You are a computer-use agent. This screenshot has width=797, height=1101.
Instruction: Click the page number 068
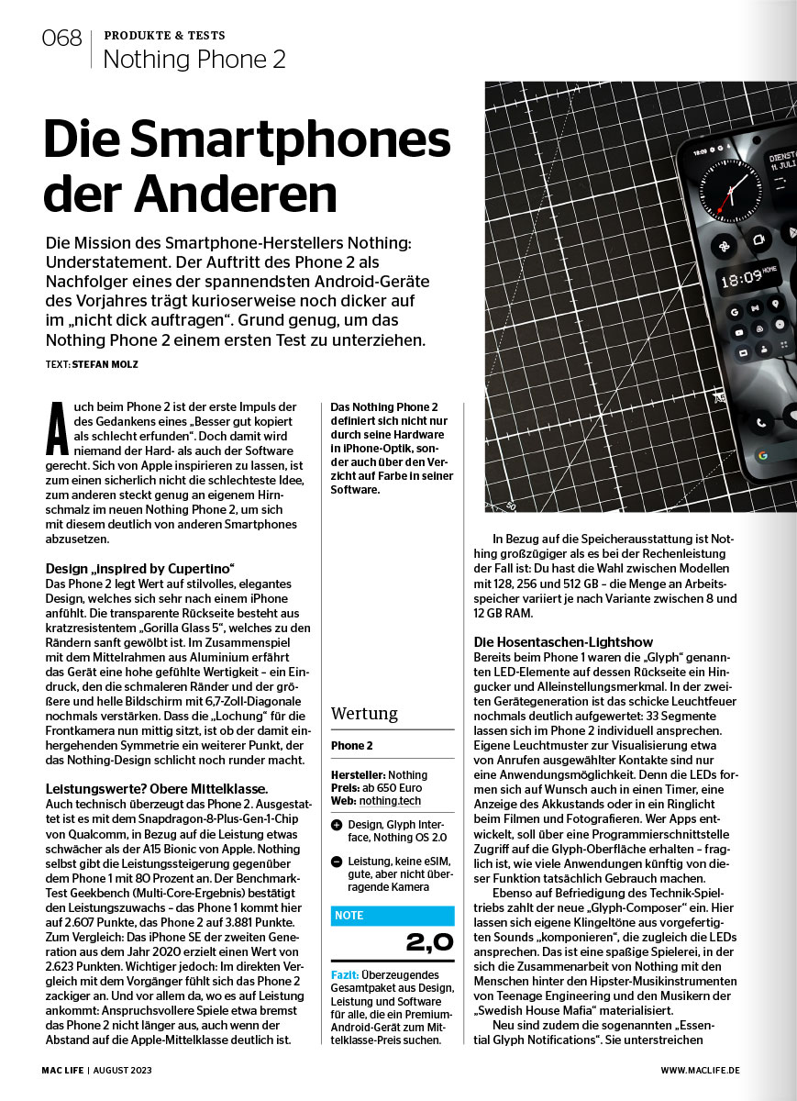[62, 39]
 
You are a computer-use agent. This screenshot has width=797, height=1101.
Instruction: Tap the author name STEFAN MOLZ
[106, 363]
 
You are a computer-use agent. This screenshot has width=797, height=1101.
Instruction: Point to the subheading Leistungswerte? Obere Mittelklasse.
[156, 788]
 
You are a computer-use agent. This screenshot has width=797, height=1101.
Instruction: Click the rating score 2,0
[428, 942]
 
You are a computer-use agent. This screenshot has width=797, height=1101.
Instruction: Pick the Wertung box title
[364, 713]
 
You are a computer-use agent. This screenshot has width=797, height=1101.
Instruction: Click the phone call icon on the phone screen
[760, 422]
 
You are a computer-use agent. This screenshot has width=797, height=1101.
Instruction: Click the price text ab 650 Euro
[390, 788]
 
